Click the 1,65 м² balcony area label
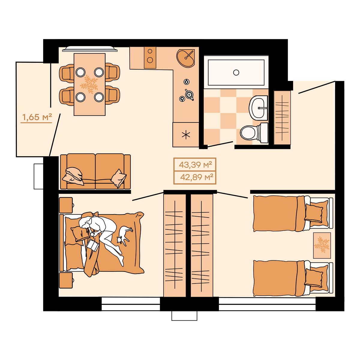(x=37, y=117)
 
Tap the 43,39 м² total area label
(x=195, y=165)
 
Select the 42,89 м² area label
(x=197, y=177)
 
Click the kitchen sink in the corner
(x=185, y=58)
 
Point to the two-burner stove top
(x=150, y=58)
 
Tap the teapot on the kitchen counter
(x=189, y=95)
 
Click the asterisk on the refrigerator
(x=186, y=135)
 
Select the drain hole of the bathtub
(x=236, y=72)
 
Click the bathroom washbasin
(x=258, y=108)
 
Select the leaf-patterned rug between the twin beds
(x=322, y=245)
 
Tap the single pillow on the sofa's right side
(x=118, y=178)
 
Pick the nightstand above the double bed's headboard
(x=66, y=205)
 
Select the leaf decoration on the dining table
(x=89, y=84)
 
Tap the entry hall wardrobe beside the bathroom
(x=282, y=117)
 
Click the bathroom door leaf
(x=220, y=144)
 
